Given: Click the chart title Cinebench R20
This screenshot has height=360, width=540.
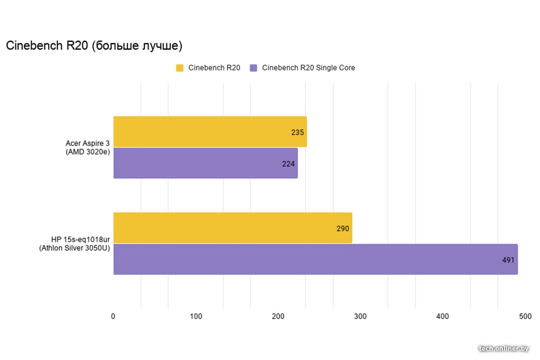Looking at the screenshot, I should coord(94,46).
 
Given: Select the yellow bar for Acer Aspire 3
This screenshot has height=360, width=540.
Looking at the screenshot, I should coord(210,132).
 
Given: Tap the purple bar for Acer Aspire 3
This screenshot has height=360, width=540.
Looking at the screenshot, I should coord(205,163).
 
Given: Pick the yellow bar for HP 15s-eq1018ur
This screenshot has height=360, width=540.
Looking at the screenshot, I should coord(233,228).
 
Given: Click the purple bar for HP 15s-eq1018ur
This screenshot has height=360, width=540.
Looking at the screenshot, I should coord(315,259).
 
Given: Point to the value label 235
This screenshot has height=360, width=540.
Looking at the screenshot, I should coord(297,133).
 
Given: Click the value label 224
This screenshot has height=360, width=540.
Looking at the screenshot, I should coord(289,164).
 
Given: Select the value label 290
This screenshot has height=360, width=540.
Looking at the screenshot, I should coord(343,229).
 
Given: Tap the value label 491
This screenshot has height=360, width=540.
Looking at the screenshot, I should coord(508,260).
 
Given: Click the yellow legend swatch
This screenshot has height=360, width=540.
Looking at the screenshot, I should coord(180,68).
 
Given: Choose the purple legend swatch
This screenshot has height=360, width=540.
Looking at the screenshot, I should coord(253,68).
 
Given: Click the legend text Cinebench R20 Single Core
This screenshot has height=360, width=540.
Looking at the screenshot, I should coord(308,68).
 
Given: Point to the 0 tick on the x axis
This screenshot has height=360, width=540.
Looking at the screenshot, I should coord(113,317).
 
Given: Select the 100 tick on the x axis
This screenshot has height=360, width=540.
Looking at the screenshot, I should coord(196,317).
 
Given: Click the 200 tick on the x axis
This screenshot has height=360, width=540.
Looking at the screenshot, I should coord(278,317).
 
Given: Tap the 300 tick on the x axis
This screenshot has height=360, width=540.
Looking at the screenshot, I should coord(360,317).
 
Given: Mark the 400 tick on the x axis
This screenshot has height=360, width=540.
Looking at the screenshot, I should coord(443,317).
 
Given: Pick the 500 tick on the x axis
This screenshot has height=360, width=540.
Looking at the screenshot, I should coord(525,317).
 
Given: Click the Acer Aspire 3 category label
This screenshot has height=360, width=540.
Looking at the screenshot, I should coord(87,147).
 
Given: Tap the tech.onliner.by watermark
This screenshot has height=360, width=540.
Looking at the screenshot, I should coord(504,348).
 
